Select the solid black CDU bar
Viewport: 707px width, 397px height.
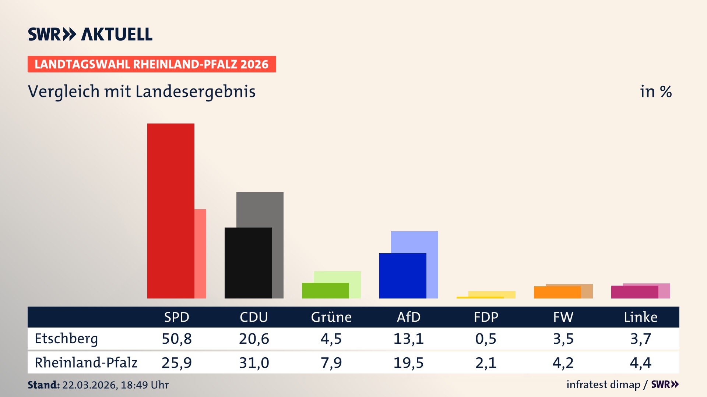tap(248, 263)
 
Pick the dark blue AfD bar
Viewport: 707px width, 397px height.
tap(402, 276)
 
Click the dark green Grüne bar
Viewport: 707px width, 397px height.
tap(325, 290)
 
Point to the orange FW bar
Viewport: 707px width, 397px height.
tap(557, 293)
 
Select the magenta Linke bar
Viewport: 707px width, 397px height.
tap(634, 292)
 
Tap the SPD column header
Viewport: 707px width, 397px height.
tap(176, 317)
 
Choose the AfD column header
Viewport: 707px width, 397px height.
tap(408, 317)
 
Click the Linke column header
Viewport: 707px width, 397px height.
tap(640, 317)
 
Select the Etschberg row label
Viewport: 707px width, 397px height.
tap(66, 339)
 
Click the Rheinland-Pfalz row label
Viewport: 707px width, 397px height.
tap(86, 363)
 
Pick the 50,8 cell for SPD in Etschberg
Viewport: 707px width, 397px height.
tap(176, 339)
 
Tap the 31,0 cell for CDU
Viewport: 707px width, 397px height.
tap(254, 363)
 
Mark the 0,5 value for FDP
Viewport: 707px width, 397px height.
tap(486, 339)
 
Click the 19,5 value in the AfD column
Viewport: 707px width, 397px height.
tap(408, 363)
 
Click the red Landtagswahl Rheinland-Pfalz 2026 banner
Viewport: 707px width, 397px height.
tap(152, 64)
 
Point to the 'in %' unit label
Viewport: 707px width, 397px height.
tap(655, 92)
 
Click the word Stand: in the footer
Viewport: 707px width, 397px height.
tap(43, 385)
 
